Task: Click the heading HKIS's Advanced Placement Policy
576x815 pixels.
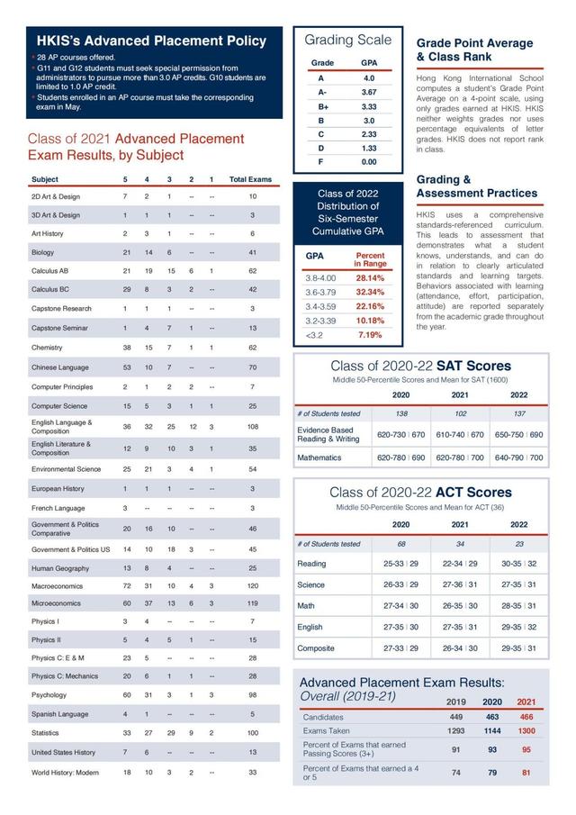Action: (x=151, y=41)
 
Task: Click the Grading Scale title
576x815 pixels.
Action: (x=347, y=40)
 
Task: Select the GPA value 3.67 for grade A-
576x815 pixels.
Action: (x=369, y=92)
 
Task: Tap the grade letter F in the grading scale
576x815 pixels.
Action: (x=320, y=161)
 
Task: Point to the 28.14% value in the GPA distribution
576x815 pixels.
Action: (x=370, y=278)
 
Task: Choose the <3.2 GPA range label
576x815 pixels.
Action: (x=314, y=335)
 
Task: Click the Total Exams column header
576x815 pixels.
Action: (x=250, y=179)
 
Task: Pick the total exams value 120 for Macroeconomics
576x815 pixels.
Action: (x=252, y=585)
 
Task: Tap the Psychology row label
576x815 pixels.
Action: (x=49, y=695)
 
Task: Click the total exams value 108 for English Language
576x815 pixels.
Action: (x=252, y=426)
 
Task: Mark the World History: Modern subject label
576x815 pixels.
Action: (x=64, y=773)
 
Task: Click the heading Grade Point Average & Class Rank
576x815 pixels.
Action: (x=474, y=50)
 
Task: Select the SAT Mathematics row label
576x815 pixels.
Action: (x=319, y=457)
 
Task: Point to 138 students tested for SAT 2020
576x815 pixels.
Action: (x=400, y=412)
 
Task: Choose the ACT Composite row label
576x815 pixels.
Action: (x=316, y=647)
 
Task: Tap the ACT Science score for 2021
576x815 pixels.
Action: (x=460, y=584)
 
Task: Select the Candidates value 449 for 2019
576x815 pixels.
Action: (x=456, y=717)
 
